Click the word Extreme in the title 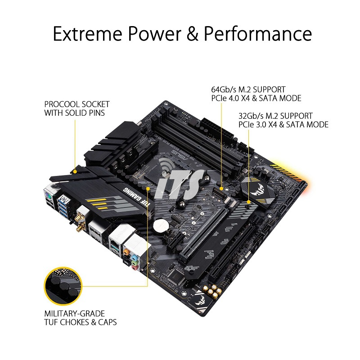(x=87, y=34)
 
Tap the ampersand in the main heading (x=193, y=34)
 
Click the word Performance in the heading (x=258, y=34)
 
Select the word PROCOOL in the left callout (x=62, y=104)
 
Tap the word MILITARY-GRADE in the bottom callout (x=74, y=313)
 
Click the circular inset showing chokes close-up (x=63, y=286)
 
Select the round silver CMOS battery (x=161, y=226)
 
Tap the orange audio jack (x=126, y=252)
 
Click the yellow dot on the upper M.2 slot (x=221, y=188)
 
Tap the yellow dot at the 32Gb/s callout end (x=249, y=202)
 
